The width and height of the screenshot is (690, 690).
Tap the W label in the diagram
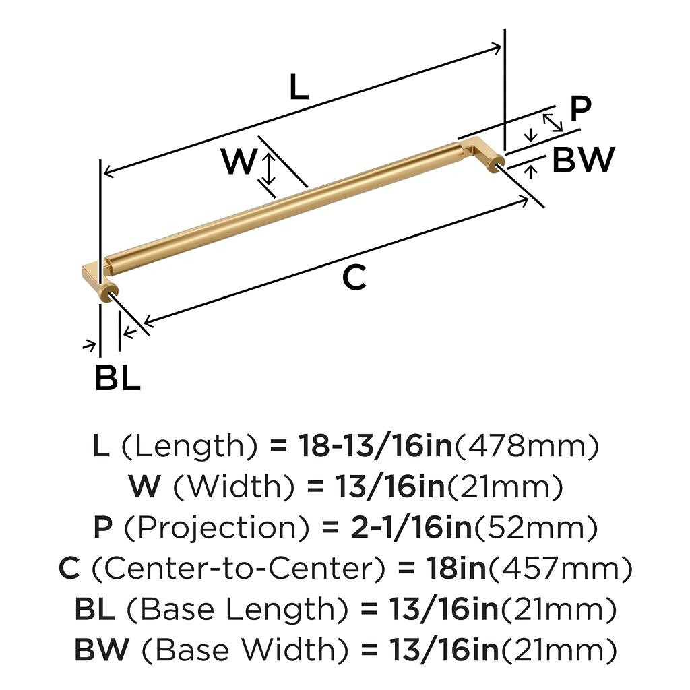pos(239,161)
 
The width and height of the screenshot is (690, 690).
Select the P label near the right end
pos(580,108)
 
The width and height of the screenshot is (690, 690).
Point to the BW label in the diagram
pos(583,159)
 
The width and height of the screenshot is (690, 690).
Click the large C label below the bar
pos(354,278)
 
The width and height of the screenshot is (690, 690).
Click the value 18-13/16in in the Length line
pos(376,445)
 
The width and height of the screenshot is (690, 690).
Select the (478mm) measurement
pos(526,446)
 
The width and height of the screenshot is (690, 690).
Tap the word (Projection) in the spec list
pos(218,528)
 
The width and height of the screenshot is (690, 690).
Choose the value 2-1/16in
pos(412,528)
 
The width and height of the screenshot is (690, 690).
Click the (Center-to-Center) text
pos(238,568)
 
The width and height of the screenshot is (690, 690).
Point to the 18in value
pos(456,568)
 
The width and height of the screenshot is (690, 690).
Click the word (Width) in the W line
pos(234,487)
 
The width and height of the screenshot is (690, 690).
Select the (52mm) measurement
pos(535,528)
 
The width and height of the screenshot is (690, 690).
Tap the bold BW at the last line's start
pos(102,650)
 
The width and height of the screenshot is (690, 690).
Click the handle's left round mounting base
pos(109,292)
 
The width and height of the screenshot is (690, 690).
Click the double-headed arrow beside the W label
pos(268,168)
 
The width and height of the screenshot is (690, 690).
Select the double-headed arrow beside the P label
pos(553,122)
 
